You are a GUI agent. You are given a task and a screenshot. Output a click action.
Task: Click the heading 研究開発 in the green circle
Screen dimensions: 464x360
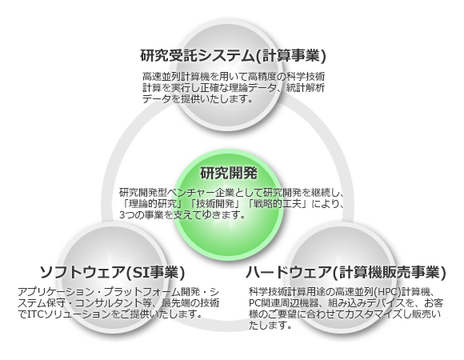[229, 173]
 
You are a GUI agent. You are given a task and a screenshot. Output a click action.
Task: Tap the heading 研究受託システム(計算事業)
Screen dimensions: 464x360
[233, 55]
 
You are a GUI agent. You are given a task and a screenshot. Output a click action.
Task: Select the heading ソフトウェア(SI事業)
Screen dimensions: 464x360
[113, 272]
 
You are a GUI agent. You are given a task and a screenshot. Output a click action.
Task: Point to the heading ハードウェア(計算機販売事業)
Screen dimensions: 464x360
[346, 272]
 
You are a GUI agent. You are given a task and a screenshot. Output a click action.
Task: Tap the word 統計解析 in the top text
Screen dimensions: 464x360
[306, 88]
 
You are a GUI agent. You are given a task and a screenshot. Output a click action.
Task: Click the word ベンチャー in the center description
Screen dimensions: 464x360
[190, 193]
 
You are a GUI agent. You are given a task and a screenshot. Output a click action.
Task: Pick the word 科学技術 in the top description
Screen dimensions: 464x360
[306, 77]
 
